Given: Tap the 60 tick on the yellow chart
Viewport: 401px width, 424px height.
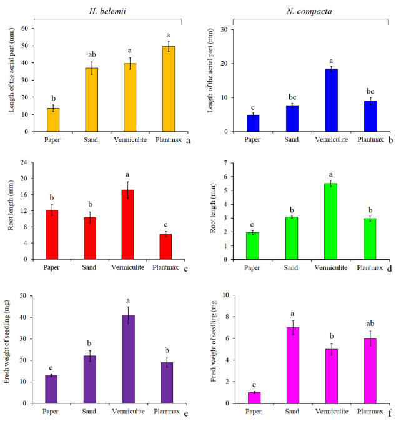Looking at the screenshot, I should (x=25, y=28).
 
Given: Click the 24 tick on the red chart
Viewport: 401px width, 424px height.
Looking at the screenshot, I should (x=25, y=162).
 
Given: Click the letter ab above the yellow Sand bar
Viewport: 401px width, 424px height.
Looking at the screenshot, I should (x=92, y=54).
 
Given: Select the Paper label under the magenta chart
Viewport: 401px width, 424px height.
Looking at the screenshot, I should (x=254, y=412).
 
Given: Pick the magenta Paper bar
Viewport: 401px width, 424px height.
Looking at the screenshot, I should (x=254, y=397).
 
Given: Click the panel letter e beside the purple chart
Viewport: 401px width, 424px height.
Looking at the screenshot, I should (x=187, y=413).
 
